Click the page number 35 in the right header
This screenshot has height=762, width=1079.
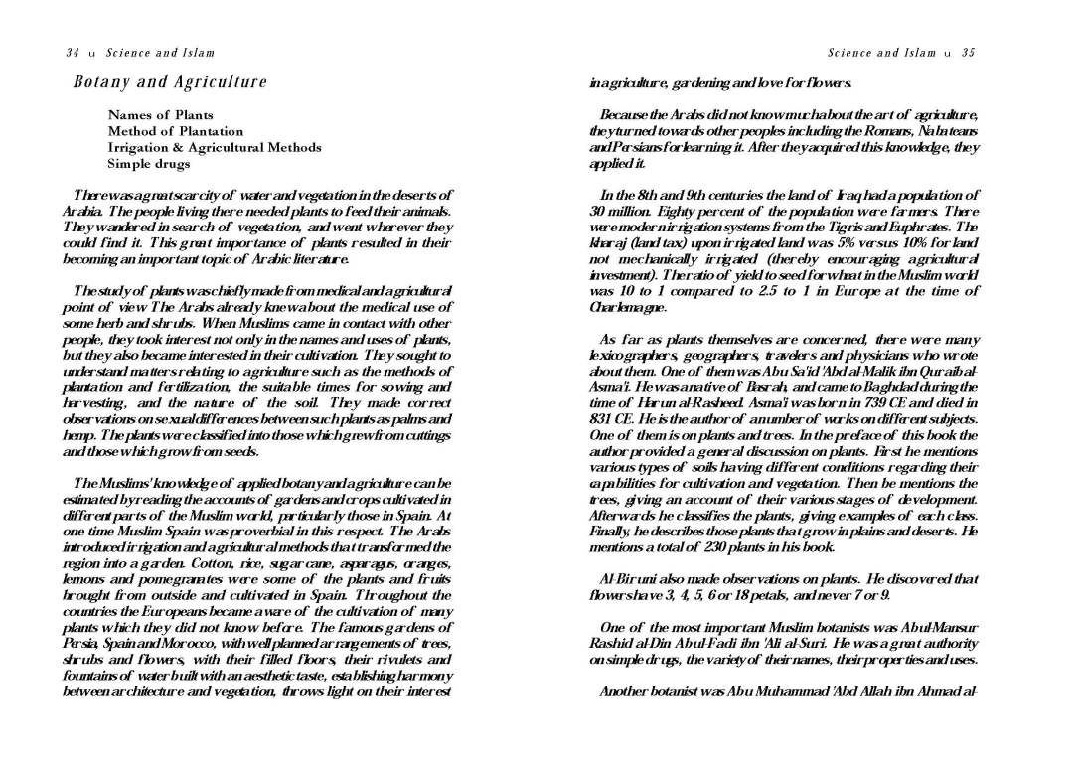tap(968, 53)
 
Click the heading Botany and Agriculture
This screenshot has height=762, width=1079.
tap(170, 81)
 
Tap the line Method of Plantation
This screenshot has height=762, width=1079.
tap(175, 131)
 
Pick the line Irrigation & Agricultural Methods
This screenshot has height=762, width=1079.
tap(214, 147)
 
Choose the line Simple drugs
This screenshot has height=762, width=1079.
tap(148, 163)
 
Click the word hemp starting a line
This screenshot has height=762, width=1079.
tap(78, 435)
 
